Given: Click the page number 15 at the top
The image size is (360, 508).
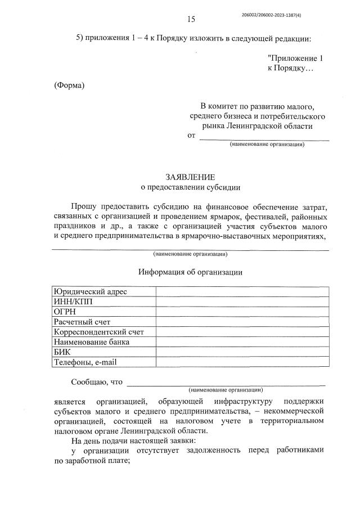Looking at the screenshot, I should (x=191, y=19).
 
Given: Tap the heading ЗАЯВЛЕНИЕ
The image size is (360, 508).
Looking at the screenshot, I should (x=190, y=177).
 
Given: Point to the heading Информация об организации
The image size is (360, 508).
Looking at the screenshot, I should (x=190, y=272).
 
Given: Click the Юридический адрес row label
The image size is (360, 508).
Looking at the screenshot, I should (x=90, y=291).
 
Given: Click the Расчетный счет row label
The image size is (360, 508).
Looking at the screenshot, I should (x=82, y=322).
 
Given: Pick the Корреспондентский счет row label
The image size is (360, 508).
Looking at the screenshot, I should (x=98, y=332).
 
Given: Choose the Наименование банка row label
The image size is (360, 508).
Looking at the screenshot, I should (x=91, y=342).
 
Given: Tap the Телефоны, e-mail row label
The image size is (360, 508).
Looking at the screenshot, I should (x=84, y=362).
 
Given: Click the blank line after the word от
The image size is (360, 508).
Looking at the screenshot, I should (x=264, y=136).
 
